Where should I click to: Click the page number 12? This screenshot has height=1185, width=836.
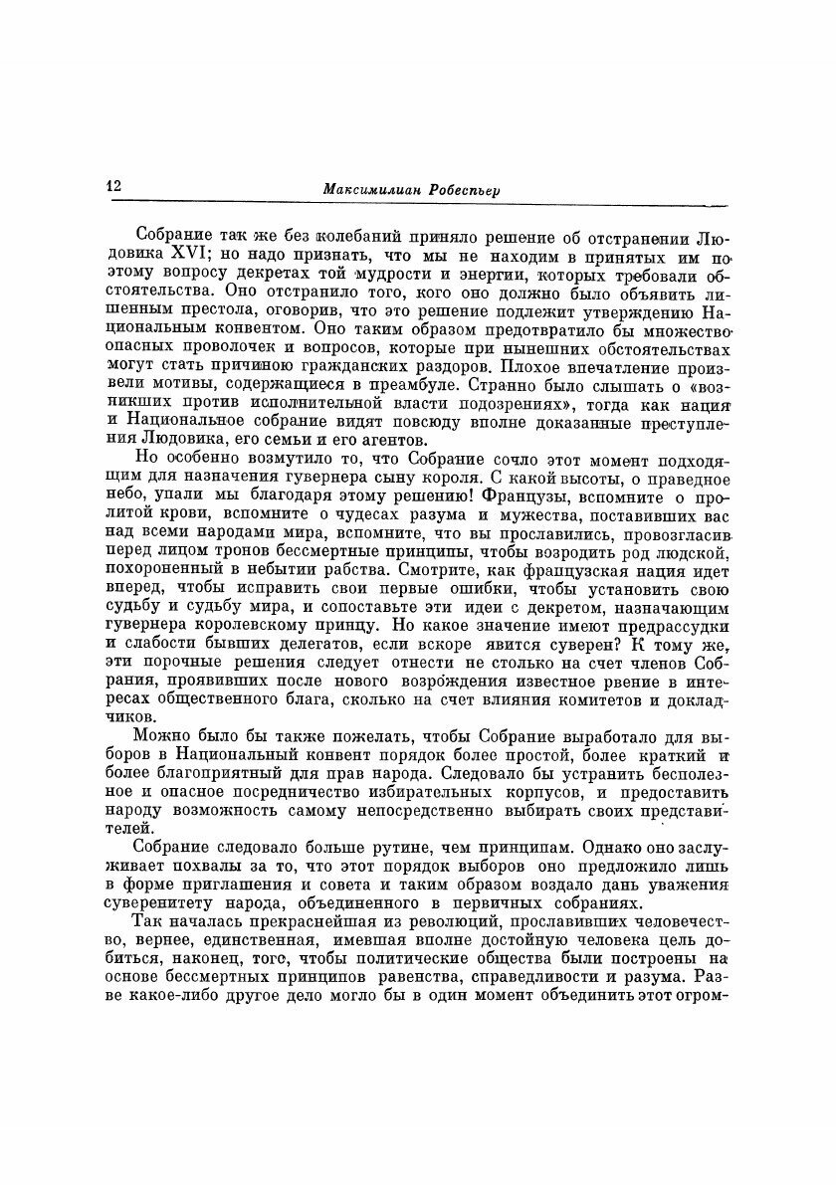[x=112, y=186]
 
